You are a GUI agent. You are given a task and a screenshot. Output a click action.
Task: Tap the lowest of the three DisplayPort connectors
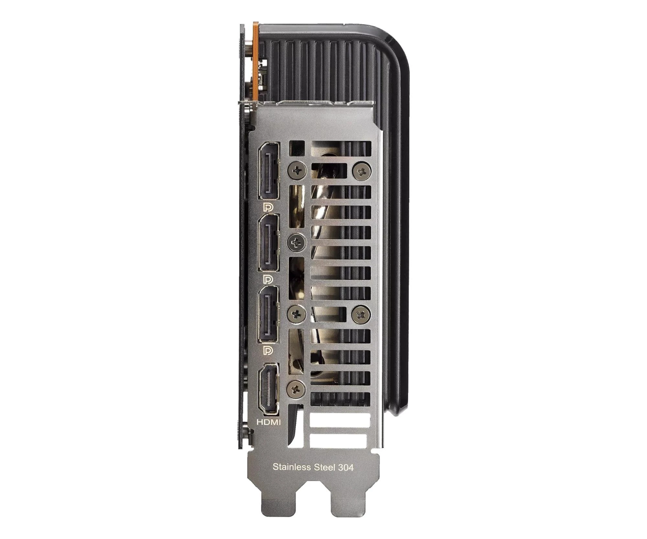pos(268,314)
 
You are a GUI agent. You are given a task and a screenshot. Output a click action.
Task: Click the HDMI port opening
pos(268,389)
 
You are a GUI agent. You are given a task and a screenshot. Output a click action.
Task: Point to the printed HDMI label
pos(269,422)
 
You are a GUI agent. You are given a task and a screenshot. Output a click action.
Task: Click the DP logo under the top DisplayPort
pos(269,207)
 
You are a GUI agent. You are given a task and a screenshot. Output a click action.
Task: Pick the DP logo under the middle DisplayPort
pos(269,279)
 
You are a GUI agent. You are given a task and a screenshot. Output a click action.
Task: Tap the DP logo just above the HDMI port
pos(269,350)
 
